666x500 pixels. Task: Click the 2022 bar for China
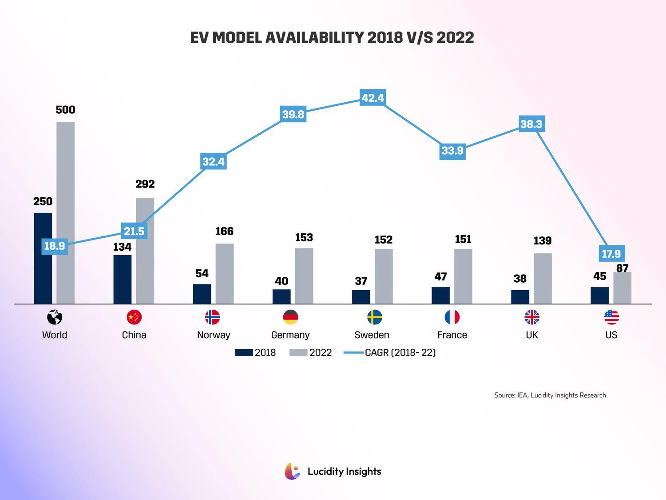click(x=145, y=251)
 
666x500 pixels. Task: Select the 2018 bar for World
click(x=43, y=276)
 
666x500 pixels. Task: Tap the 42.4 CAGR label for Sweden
click(x=373, y=98)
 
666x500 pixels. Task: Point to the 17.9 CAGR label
click(x=611, y=254)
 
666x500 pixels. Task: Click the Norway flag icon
click(x=213, y=317)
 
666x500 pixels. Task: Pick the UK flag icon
click(x=532, y=317)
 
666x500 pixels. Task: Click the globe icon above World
click(x=55, y=317)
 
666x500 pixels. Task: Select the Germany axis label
click(x=290, y=335)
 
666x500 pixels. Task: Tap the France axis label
click(x=452, y=335)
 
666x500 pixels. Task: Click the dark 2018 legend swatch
click(x=244, y=352)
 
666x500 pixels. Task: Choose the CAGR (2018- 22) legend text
click(x=400, y=352)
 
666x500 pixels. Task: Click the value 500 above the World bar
click(x=65, y=110)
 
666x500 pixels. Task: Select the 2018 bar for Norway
click(x=202, y=294)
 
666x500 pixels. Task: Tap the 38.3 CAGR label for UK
click(x=531, y=124)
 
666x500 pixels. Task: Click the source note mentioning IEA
click(x=550, y=395)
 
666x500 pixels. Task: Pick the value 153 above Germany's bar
click(x=304, y=238)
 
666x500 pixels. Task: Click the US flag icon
click(x=611, y=317)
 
